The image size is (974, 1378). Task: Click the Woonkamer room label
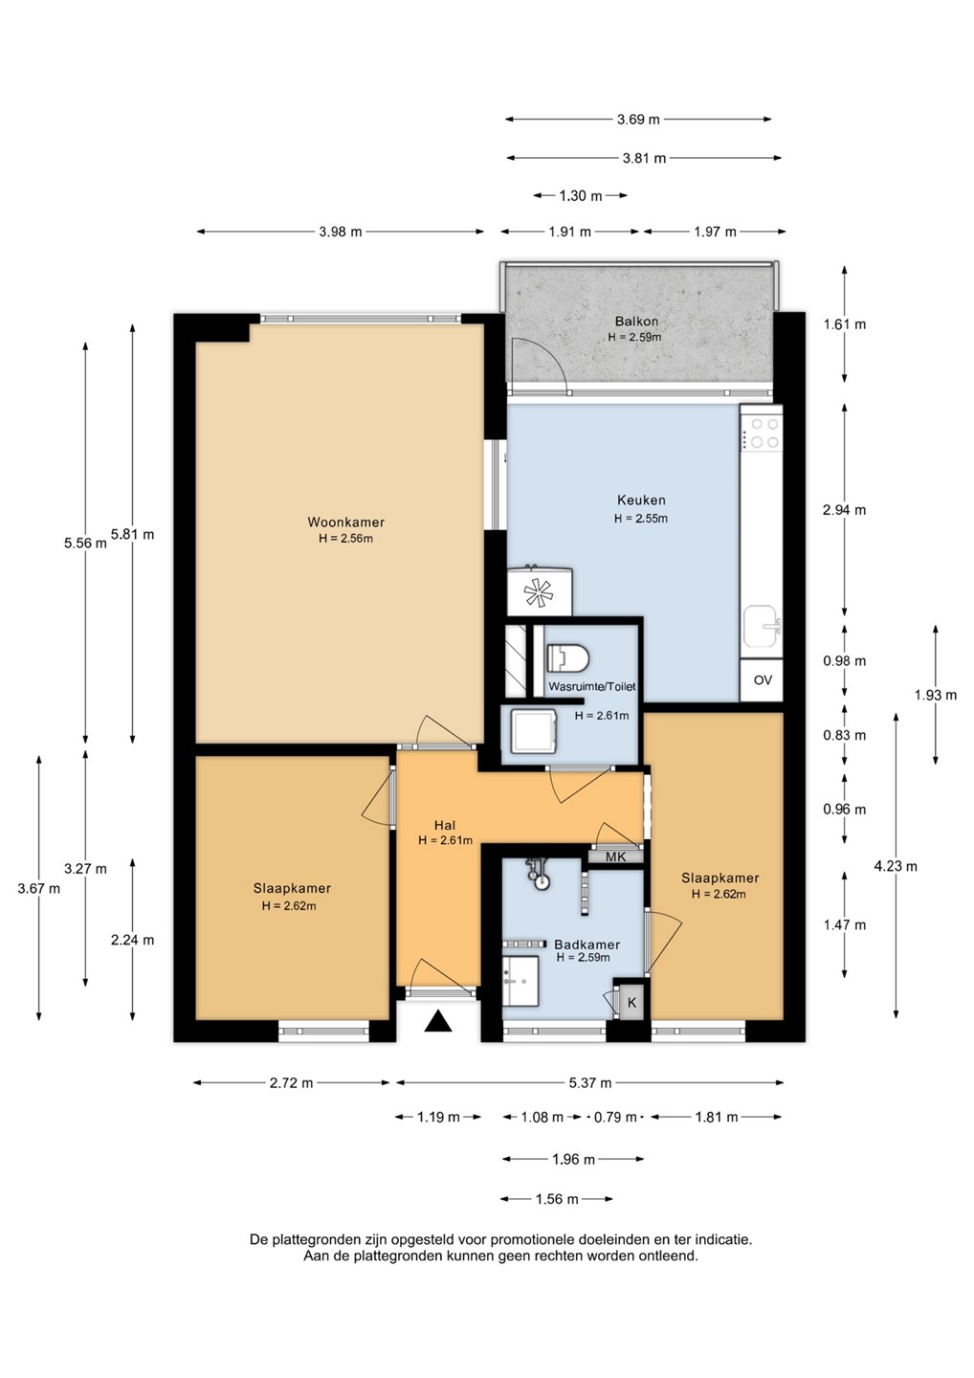pos(345,522)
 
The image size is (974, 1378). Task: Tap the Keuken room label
pos(641,500)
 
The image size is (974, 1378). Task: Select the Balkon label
pos(636,322)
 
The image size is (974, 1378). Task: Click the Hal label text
pos(445,826)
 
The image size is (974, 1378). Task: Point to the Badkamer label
pos(587,945)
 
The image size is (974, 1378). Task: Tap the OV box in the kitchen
pos(762,679)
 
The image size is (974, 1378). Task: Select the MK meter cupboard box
pos(615,856)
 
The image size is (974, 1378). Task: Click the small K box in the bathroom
pos(631,1003)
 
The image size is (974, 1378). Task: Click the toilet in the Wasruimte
pos(567,657)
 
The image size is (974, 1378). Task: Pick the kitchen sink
pos(762,628)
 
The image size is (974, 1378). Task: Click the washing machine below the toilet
pos(534,731)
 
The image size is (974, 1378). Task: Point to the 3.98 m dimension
pos(340,232)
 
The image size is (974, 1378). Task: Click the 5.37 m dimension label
pos(590,1082)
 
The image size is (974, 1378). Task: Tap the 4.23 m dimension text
pos(896,866)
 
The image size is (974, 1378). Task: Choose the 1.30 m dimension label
pos(581,195)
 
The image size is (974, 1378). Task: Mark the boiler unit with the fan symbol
pos(539,591)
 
